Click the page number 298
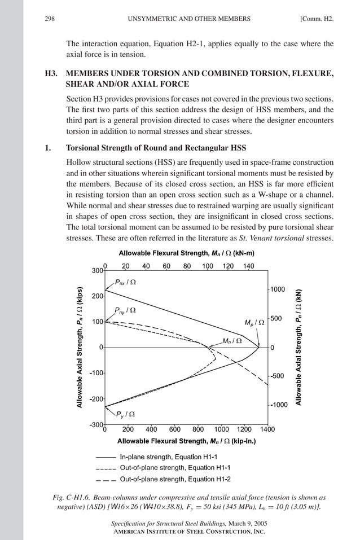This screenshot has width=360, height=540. [x=49, y=19]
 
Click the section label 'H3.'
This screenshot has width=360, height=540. [x=51, y=73]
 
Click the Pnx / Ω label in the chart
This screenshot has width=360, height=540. [x=125, y=282]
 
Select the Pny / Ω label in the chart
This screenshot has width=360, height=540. [x=125, y=310]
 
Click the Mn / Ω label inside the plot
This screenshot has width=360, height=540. [x=232, y=340]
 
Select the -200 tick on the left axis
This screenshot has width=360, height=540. [x=96, y=399]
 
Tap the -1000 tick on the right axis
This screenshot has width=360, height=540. [x=279, y=405]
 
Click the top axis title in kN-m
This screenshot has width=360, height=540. [x=186, y=253]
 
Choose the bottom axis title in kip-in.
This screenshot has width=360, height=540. [x=186, y=441]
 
